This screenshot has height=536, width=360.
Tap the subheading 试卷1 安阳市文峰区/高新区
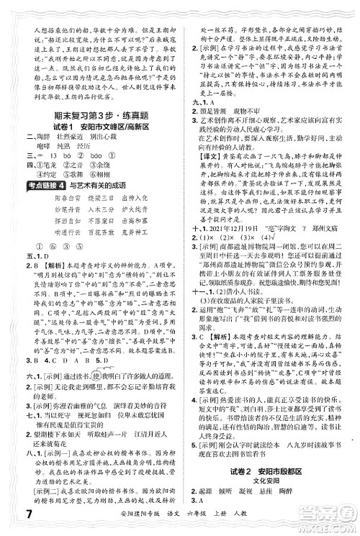click(91, 127)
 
